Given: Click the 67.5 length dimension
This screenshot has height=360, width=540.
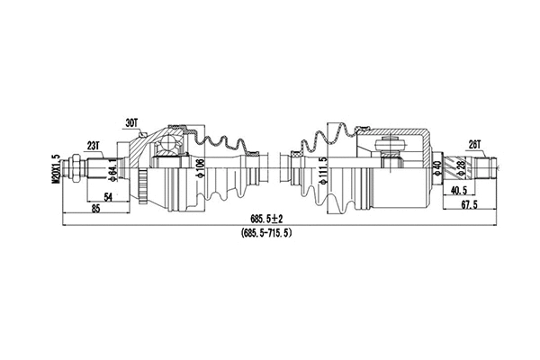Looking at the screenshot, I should click(x=468, y=206).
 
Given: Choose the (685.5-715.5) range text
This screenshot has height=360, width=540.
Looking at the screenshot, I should click(x=267, y=233).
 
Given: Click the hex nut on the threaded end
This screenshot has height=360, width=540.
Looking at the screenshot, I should click(x=78, y=166).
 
